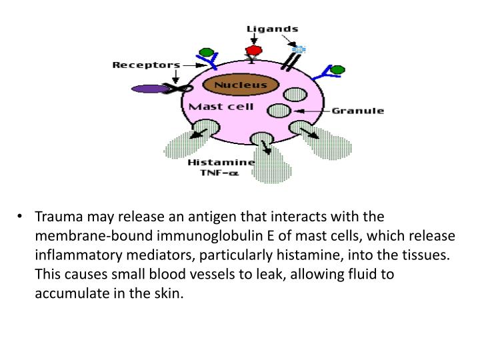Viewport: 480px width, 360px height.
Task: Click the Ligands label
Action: (272, 29)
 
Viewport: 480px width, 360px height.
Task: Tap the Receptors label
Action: (146, 65)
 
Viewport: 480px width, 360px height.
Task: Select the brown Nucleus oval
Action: (241, 85)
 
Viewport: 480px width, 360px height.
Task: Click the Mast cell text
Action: (221, 107)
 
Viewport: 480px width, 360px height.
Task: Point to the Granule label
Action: (358, 111)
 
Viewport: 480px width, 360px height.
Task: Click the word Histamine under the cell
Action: (221, 162)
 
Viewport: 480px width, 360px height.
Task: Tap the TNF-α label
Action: (219, 173)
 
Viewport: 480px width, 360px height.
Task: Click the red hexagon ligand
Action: (254, 51)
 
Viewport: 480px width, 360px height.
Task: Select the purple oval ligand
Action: (150, 89)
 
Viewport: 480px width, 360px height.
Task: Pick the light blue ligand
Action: (299, 49)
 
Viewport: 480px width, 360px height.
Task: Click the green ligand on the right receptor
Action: (337, 70)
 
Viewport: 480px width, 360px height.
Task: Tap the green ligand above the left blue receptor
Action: (206, 53)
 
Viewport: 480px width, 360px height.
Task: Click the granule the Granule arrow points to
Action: (279, 111)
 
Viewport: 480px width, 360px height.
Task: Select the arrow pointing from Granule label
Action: (312, 111)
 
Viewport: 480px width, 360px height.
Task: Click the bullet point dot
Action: (20, 216)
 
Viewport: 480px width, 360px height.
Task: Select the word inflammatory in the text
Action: (79, 255)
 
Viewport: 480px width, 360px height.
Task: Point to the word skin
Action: (169, 293)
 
